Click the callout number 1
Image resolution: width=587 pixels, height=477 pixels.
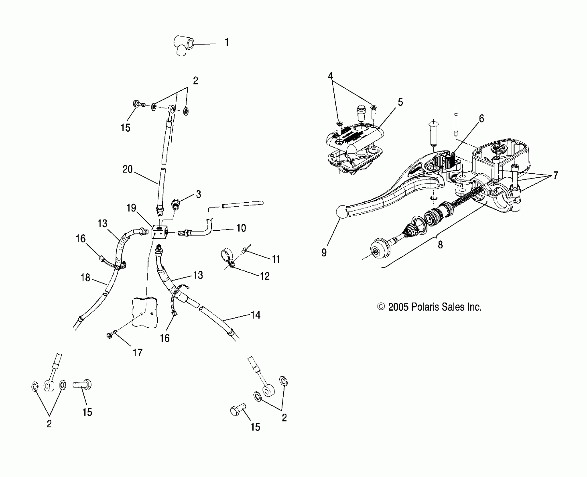click(x=227, y=43)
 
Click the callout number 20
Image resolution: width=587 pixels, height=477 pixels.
click(x=128, y=169)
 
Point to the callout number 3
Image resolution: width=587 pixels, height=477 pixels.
click(x=199, y=194)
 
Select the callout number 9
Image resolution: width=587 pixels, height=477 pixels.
click(x=324, y=253)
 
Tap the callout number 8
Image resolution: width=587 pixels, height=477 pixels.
click(x=440, y=245)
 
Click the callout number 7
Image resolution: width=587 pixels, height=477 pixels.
click(x=555, y=176)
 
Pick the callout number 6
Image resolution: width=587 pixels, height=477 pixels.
click(x=481, y=119)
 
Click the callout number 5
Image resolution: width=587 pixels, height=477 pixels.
click(x=400, y=102)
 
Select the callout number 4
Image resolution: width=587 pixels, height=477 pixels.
click(x=330, y=76)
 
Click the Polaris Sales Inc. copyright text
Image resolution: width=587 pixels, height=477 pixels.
click(x=429, y=307)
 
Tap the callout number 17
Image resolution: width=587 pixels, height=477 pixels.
click(x=137, y=353)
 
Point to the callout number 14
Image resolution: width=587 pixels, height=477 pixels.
click(x=255, y=315)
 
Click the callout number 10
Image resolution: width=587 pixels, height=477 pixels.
click(x=241, y=228)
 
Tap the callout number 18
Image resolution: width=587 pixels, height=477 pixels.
click(x=86, y=278)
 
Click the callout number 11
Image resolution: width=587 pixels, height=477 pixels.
click(x=276, y=259)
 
